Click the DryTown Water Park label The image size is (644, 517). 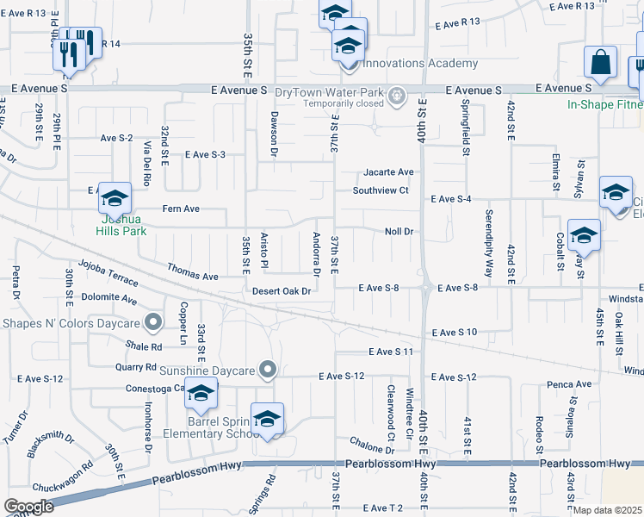[331, 91]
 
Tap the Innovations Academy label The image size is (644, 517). [420, 64]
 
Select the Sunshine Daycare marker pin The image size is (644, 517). [268, 371]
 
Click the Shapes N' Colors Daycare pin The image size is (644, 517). [154, 323]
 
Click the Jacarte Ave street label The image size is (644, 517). [388, 171]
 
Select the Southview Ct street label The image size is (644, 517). [385, 190]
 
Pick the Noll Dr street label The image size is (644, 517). [399, 232]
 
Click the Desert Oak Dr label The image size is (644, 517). [281, 290]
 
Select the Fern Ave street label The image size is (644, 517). [181, 209]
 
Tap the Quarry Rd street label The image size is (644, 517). [133, 364]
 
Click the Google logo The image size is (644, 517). [28, 507]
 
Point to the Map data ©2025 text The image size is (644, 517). [607, 510]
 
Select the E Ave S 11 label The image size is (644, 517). [392, 352]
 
